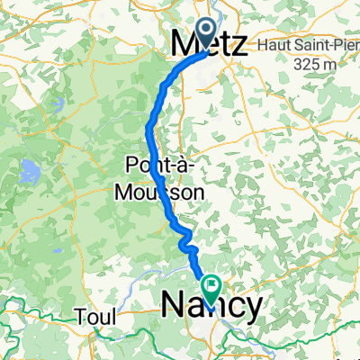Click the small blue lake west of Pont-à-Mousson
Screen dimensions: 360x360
[30, 168]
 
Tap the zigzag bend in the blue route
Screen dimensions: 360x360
[186, 239]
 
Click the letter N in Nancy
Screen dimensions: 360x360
[173, 306]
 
